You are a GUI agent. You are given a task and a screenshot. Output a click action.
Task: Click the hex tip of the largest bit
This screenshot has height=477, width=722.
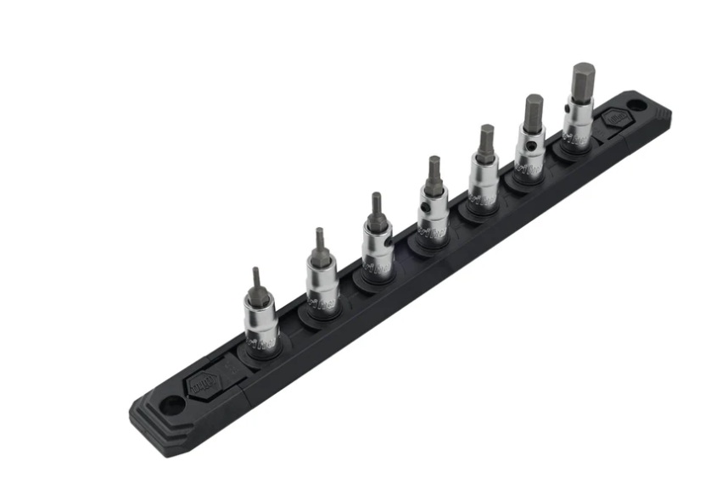583,81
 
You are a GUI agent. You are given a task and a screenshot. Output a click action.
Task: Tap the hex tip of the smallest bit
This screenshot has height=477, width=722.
256,279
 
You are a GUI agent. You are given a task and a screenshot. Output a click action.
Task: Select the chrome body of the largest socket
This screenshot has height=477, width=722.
578,123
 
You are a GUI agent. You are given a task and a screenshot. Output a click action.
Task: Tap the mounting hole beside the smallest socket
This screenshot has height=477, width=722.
171,405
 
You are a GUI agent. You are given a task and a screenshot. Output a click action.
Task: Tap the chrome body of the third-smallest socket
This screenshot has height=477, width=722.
377,251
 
